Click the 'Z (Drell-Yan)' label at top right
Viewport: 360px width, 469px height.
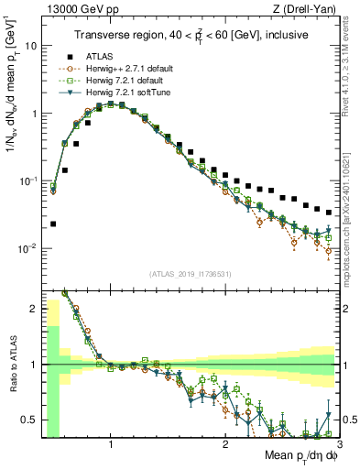(x=304, y=9)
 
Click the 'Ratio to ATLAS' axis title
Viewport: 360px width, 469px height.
(x=13, y=366)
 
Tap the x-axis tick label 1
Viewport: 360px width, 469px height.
(x=111, y=445)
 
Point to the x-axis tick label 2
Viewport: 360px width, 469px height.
(x=225, y=445)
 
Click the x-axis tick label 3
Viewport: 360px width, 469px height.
(x=338, y=445)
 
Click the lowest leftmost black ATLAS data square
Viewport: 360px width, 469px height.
(x=53, y=224)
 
